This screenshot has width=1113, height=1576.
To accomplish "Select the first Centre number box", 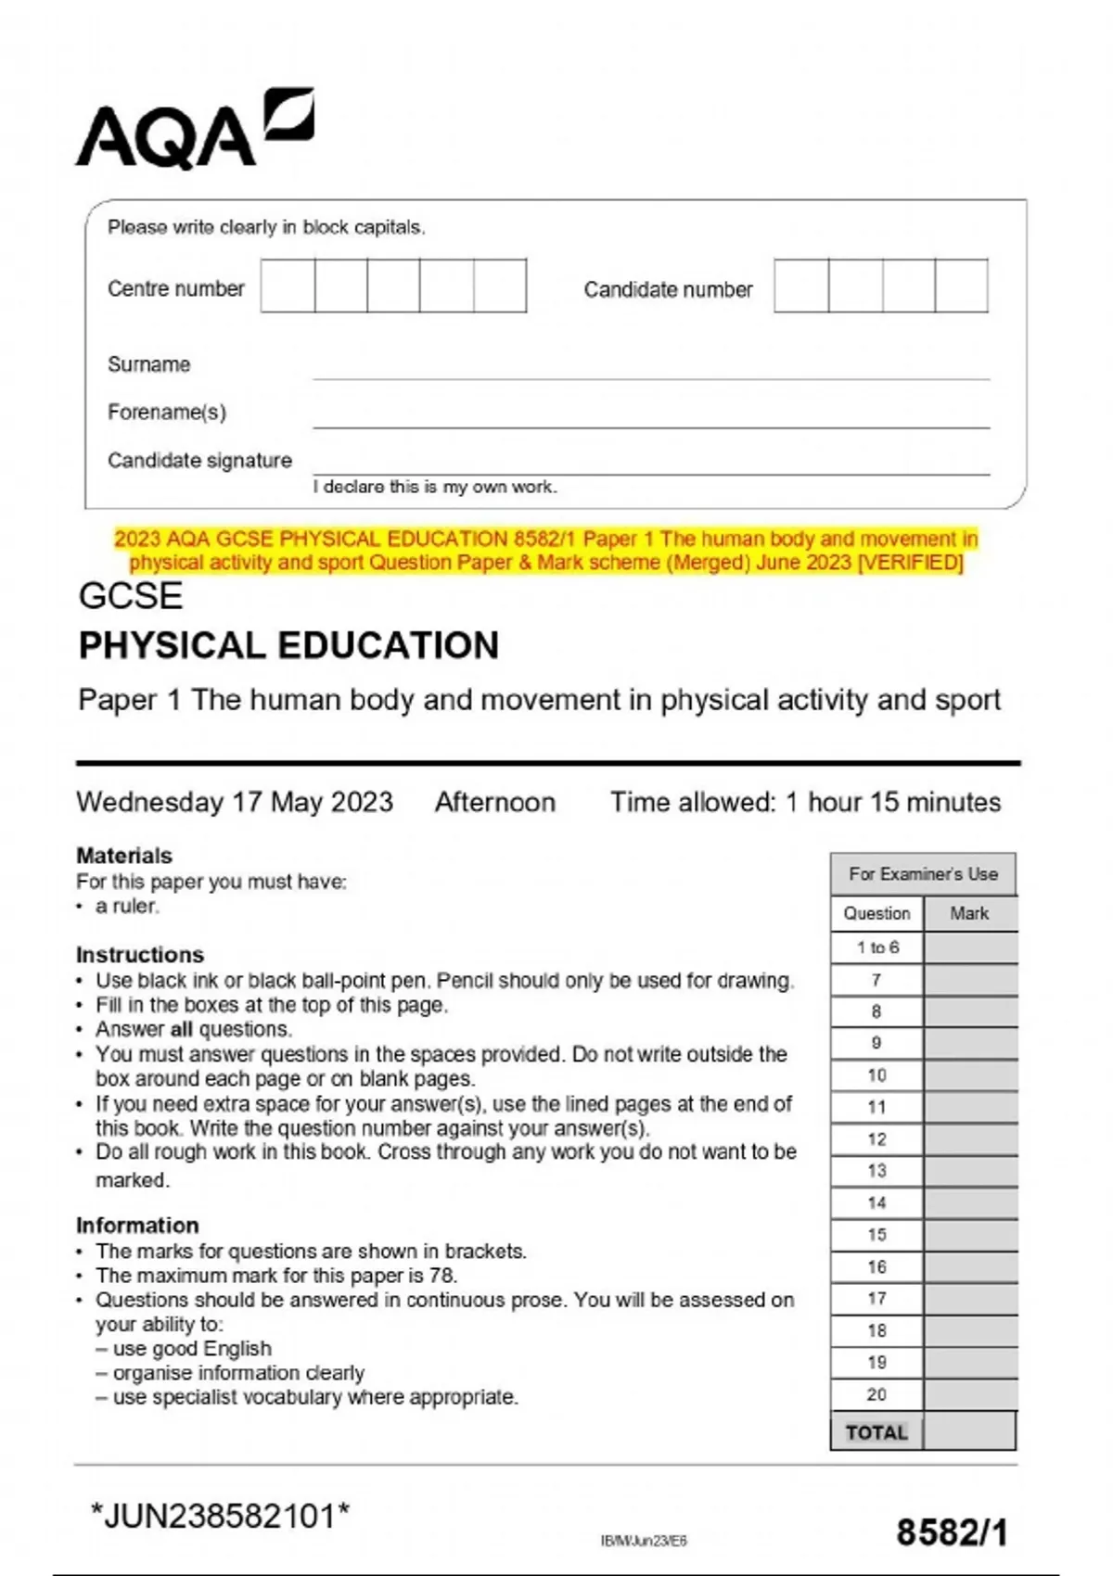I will (x=288, y=286).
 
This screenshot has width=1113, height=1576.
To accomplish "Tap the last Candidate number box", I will (x=961, y=286).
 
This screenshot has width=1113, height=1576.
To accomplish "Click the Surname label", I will (x=148, y=364).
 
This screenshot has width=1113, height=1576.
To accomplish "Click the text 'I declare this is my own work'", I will (x=435, y=487).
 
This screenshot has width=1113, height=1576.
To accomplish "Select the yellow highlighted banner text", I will (x=546, y=551).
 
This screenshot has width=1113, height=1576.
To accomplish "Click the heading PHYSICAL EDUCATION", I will (x=288, y=645).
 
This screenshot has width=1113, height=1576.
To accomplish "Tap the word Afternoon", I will (x=495, y=802).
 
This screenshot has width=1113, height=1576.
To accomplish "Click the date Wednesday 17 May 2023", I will (x=235, y=802).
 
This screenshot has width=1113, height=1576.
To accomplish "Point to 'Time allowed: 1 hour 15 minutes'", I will (x=805, y=802).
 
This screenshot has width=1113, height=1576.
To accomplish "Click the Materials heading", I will (x=124, y=855).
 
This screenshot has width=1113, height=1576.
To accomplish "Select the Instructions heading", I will (x=140, y=954).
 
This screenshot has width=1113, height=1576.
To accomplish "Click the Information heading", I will (x=137, y=1225).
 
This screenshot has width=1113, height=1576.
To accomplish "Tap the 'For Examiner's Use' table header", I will (x=923, y=873).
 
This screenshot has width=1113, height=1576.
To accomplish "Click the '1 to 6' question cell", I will (x=877, y=947).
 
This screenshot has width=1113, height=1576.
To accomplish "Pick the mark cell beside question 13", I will (x=970, y=1171).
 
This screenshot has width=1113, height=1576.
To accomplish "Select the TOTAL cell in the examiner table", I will (x=876, y=1432).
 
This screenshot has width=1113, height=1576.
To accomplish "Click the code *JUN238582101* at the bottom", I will (x=221, y=1517).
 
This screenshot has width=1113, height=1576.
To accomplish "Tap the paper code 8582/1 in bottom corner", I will (x=952, y=1532).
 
